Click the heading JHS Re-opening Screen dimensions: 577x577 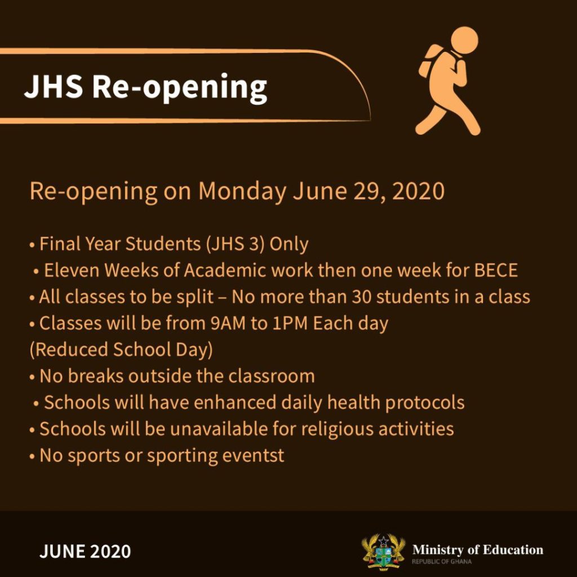click(x=145, y=87)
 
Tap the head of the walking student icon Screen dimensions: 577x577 click(x=464, y=40)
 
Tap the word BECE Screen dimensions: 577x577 click(x=496, y=270)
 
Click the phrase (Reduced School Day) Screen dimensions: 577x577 click(x=121, y=350)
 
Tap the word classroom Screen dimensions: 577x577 click(x=271, y=376)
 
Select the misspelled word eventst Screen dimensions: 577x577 click(x=253, y=456)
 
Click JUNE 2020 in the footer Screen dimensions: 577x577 click(x=85, y=552)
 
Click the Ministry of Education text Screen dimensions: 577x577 click(x=478, y=550)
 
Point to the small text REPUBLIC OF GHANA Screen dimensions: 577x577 click(x=442, y=562)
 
